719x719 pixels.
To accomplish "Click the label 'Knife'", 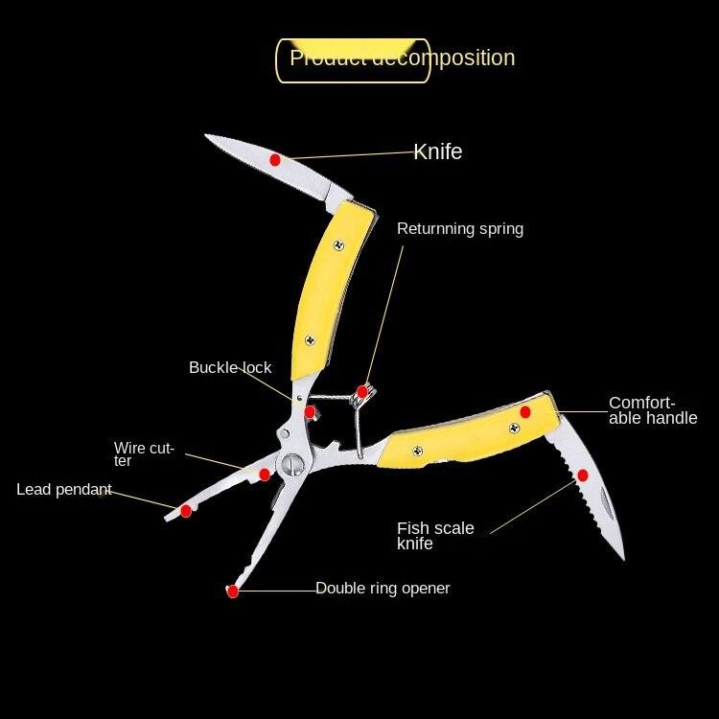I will pos(438,151).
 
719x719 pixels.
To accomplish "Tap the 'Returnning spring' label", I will pos(460,229).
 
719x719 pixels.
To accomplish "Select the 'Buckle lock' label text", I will pos(230,368).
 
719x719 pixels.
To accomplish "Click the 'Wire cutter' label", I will pos(144,453).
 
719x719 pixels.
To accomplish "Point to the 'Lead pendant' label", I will pos(64,490).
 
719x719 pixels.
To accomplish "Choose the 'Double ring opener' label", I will pos(383,589).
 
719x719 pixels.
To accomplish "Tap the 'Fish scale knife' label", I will pos(435,536).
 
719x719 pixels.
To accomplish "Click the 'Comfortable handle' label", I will pos(653,410).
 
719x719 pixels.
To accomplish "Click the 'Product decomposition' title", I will pos(403,58).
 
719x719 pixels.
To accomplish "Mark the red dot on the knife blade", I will pos(275,159).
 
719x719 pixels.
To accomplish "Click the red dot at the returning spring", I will pos(362,390).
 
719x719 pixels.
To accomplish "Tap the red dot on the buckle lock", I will pos(310,412).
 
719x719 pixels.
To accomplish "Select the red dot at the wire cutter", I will pos(265,474).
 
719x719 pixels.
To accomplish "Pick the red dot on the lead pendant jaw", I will pos(186,511).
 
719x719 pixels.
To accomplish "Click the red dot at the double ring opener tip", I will pos(232,591).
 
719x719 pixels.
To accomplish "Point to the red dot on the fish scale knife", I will pos(583,475).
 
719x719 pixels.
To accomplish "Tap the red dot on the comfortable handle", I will pos(525,412).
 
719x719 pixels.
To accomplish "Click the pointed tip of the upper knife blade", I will pos(206,136).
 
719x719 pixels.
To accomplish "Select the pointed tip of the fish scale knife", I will pos(623,559).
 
